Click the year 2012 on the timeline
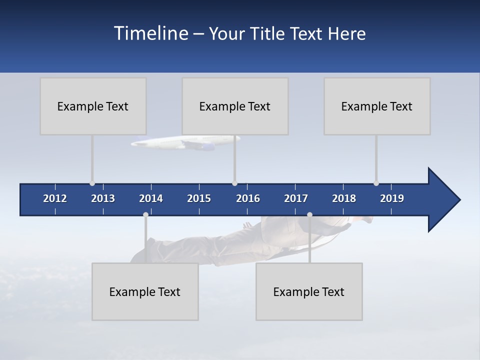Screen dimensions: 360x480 pyautogui.click(x=55, y=198)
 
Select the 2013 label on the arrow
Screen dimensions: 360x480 pyautogui.click(x=103, y=198)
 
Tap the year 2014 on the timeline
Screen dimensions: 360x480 pyautogui.click(x=151, y=198)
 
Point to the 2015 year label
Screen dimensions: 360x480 pyautogui.click(x=199, y=198)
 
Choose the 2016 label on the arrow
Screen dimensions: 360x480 pyautogui.click(x=248, y=198)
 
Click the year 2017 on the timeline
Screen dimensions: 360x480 pyautogui.click(x=296, y=198)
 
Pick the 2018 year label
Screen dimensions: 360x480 pyautogui.click(x=344, y=198)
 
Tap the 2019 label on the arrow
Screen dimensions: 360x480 pyautogui.click(x=392, y=198)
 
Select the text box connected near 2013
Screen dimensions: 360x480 pyautogui.click(x=93, y=106)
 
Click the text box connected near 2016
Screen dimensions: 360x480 pyautogui.click(x=235, y=106)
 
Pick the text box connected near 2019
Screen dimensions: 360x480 pyautogui.click(x=377, y=106)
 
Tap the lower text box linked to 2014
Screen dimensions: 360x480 pyautogui.click(x=145, y=291)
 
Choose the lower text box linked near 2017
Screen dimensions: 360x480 pyautogui.click(x=309, y=291)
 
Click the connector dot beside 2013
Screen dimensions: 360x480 pyautogui.click(x=92, y=183)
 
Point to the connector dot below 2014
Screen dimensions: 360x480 pyautogui.click(x=145, y=214)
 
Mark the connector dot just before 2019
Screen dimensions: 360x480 pyautogui.click(x=376, y=183)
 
